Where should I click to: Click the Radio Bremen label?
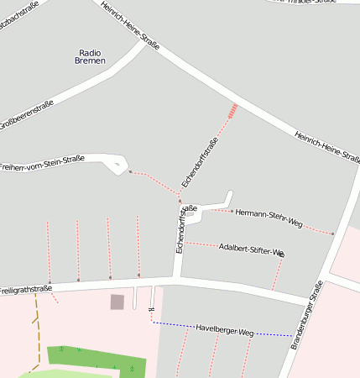tap(90, 56)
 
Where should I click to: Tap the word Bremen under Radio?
tap(90, 61)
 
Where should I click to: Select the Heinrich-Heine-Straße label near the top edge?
tap(129, 25)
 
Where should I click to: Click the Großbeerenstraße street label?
tap(26, 114)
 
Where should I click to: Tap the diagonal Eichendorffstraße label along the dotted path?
tap(200, 162)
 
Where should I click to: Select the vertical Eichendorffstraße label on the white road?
tap(180, 229)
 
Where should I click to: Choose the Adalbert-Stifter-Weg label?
tap(251, 249)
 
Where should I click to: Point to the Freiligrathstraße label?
tap(25, 290)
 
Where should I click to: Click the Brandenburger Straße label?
tap(306, 315)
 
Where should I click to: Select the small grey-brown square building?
tap(117, 302)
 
